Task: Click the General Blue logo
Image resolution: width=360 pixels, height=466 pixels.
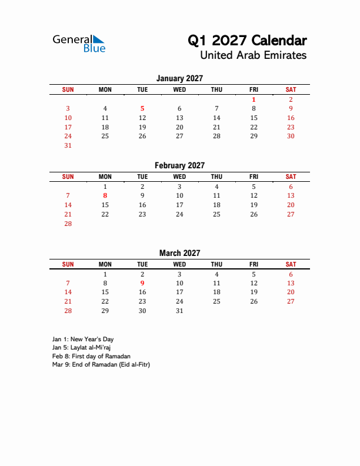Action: (x=79, y=43)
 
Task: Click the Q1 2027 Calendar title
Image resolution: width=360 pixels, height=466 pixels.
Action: (x=247, y=41)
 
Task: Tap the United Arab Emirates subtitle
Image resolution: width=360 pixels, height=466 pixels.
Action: (x=253, y=56)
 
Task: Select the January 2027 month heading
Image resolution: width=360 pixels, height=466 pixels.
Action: (x=179, y=78)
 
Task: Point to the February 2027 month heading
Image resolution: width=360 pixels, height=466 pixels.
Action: (x=179, y=165)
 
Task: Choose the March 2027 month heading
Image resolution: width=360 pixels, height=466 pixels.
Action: (x=179, y=253)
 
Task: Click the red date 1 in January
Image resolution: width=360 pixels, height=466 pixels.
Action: (x=254, y=99)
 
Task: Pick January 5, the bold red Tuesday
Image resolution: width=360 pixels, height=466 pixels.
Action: (x=142, y=108)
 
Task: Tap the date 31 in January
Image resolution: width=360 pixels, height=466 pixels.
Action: (x=68, y=145)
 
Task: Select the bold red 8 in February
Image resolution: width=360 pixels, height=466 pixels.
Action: (x=105, y=195)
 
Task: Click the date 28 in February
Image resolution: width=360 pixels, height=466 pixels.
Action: (x=68, y=224)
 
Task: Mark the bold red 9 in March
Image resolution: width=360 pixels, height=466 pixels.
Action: (x=142, y=283)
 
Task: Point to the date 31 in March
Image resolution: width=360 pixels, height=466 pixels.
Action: (x=179, y=311)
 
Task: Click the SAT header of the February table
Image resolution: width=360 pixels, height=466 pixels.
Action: (x=291, y=177)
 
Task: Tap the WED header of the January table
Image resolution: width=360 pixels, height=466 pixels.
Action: (x=179, y=89)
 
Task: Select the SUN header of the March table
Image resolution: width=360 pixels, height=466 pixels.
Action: (x=68, y=264)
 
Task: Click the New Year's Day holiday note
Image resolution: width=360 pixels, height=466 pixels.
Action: (x=83, y=339)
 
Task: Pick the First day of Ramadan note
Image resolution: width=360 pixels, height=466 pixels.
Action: (x=91, y=356)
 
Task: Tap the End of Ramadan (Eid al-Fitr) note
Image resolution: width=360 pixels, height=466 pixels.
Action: (x=101, y=364)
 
